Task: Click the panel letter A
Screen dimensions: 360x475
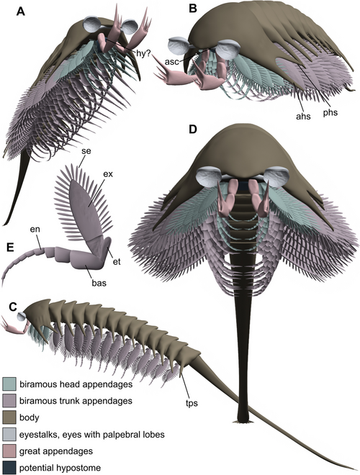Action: point(21,12)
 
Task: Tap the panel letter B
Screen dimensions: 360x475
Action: point(193,9)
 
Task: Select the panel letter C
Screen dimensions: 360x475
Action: point(13,307)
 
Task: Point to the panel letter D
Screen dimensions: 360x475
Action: point(193,130)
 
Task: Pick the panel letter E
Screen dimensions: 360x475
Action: point(10,247)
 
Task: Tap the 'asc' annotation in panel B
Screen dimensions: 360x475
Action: point(172,61)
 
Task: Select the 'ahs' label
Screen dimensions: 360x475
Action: point(303,116)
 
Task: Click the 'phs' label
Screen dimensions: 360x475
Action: point(330,112)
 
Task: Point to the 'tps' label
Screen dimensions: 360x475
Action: point(191,403)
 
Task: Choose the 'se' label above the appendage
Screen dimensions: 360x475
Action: point(86,151)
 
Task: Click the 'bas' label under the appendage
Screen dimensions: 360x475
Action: point(99,284)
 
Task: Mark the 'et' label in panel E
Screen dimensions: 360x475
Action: point(117,261)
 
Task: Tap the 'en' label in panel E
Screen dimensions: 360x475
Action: point(35,230)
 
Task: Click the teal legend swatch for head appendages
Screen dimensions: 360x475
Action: point(9,384)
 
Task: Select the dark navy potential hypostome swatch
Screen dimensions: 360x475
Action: point(9,468)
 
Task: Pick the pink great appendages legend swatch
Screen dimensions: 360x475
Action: point(9,451)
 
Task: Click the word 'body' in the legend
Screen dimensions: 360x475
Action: point(30,417)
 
